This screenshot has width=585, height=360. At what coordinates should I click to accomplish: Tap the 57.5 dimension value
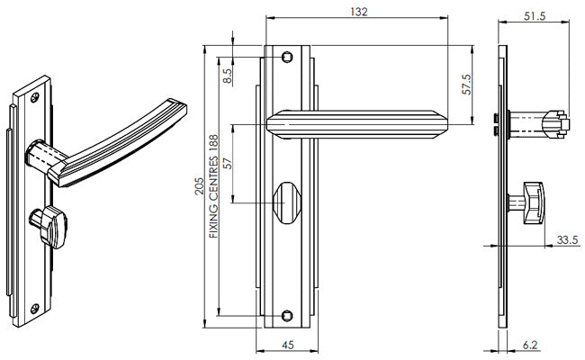[467, 82]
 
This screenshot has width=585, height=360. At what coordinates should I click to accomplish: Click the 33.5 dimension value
[567, 239]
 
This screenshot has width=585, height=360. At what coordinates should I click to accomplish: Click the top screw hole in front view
[286, 57]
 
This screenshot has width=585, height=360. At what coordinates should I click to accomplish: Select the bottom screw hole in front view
[286, 315]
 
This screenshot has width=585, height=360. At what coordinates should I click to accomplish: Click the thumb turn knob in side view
[535, 202]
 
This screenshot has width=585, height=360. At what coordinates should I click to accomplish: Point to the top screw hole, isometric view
[35, 92]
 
